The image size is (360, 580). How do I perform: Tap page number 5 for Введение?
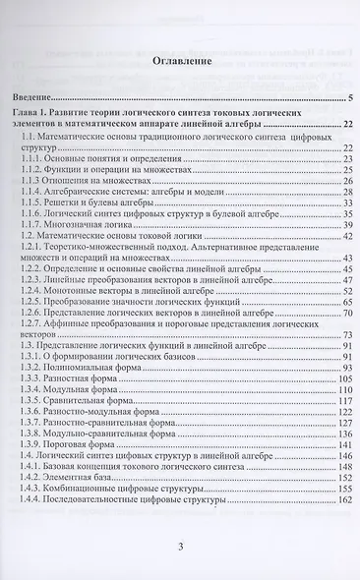tap(350, 99)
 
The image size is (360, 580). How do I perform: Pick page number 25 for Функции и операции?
tap(347, 170)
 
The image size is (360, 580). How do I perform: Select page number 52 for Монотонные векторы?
tap(347, 292)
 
